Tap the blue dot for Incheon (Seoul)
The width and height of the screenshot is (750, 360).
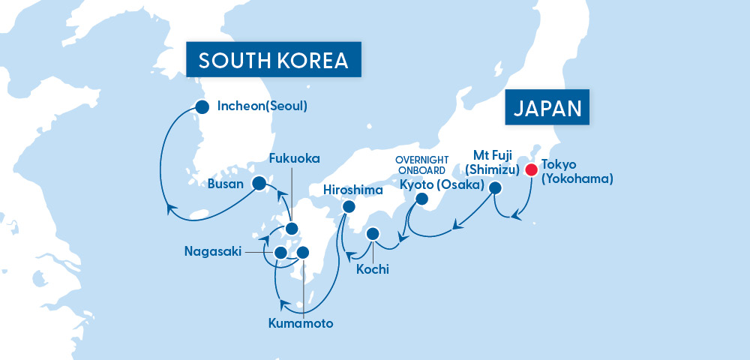click(201, 106)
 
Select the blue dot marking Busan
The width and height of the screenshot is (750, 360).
click(259, 182)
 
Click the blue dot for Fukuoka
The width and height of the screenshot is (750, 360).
click(292, 229)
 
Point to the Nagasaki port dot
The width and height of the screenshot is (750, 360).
click(280, 253)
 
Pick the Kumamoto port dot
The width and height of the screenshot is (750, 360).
click(303, 253)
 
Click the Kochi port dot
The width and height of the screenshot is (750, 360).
click(373, 234)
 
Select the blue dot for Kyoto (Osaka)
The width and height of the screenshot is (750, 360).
click(422, 199)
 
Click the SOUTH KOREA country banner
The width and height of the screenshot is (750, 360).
click(274, 59)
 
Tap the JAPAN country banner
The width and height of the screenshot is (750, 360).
click(547, 108)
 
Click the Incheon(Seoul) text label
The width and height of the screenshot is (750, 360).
click(262, 106)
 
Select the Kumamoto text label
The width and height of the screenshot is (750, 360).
click(301, 324)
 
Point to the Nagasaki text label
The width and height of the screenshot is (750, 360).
click(213, 252)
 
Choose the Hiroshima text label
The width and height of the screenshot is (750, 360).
click(353, 190)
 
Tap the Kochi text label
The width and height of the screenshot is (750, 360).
click(373, 269)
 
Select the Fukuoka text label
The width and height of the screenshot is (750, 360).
click(295, 159)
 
